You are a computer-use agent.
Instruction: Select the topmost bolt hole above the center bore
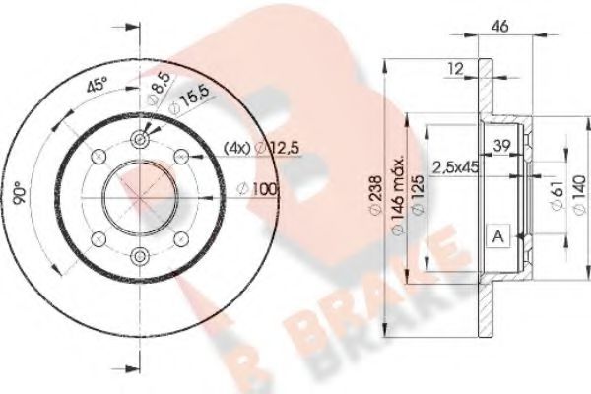(x=138, y=141)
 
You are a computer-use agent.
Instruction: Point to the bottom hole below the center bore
(x=138, y=256)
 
